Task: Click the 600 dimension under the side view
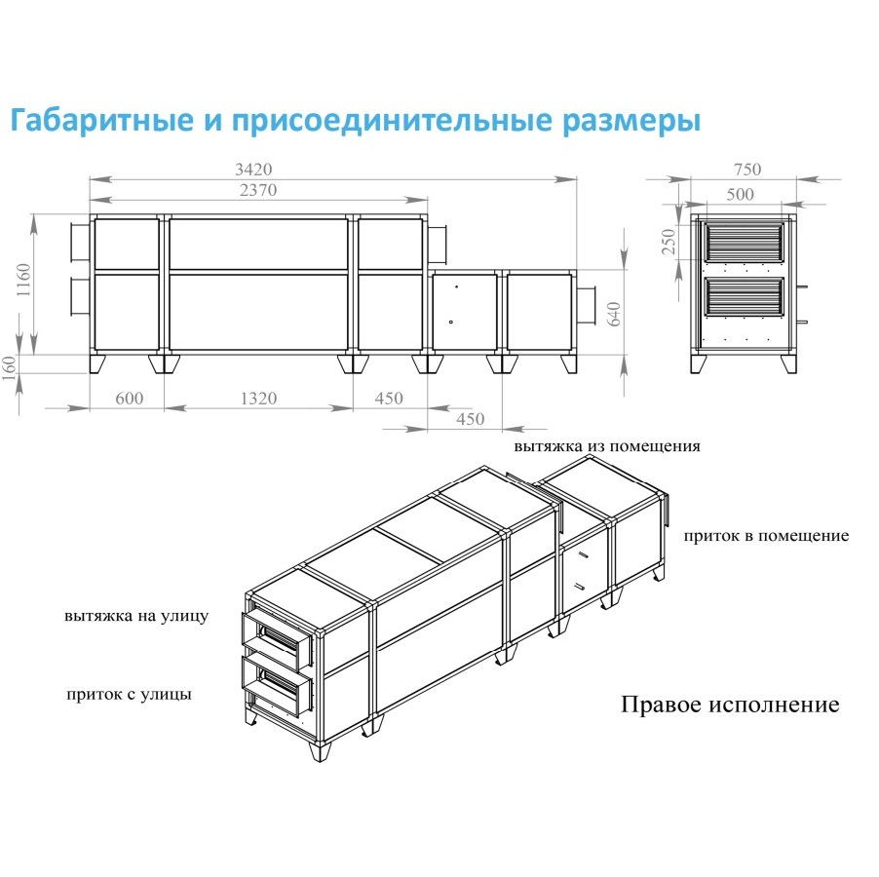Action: point(129,399)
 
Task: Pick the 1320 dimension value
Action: point(257,399)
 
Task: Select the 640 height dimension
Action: point(615,315)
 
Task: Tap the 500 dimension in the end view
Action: point(741,194)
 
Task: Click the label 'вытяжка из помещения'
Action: point(608,446)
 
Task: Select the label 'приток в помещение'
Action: point(766,536)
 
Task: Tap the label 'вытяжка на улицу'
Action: point(136,617)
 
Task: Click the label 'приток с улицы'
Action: point(130,695)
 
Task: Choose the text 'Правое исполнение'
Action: point(730,705)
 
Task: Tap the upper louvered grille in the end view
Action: point(744,241)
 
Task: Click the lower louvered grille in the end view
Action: point(744,297)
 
